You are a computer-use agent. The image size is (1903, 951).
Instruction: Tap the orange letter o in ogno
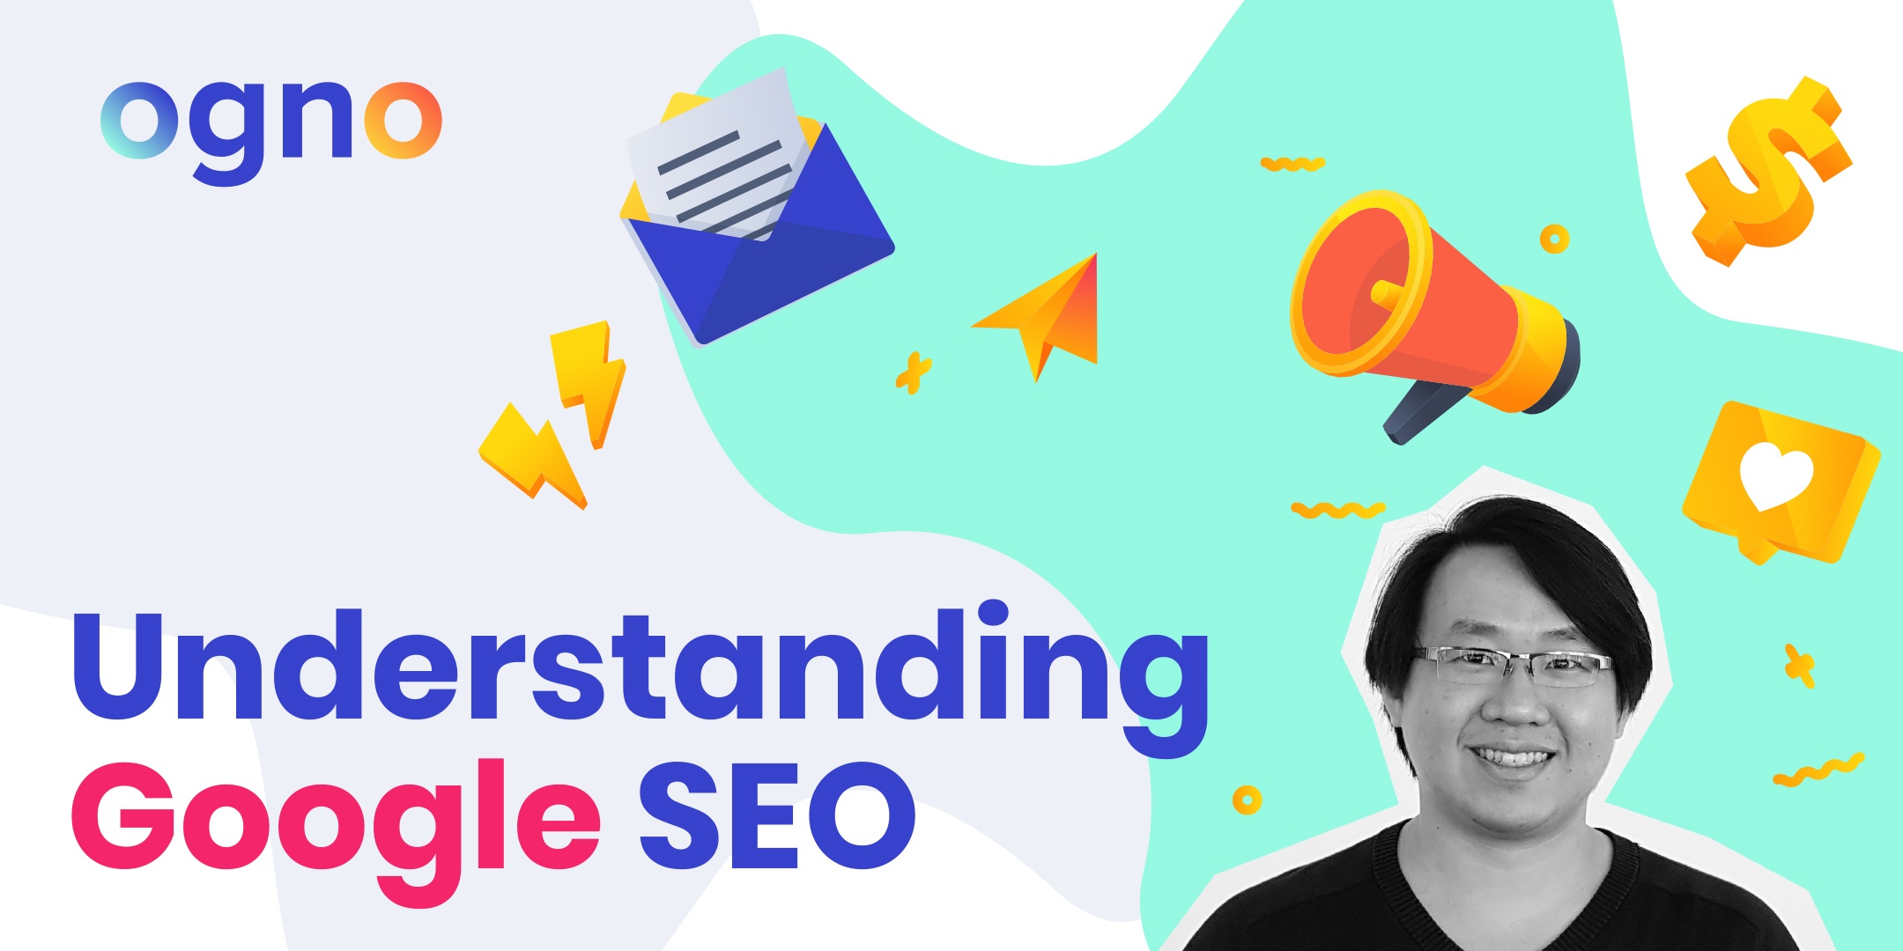pyautogui.click(x=404, y=121)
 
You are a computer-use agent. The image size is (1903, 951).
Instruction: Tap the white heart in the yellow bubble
pyautogui.click(x=1776, y=476)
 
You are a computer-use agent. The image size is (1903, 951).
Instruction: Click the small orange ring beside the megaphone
pyautogui.click(x=1554, y=239)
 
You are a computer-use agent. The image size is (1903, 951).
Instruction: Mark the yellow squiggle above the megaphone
pyautogui.click(x=1292, y=163)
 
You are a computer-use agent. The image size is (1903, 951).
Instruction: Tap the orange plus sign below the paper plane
pyautogui.click(x=914, y=373)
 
